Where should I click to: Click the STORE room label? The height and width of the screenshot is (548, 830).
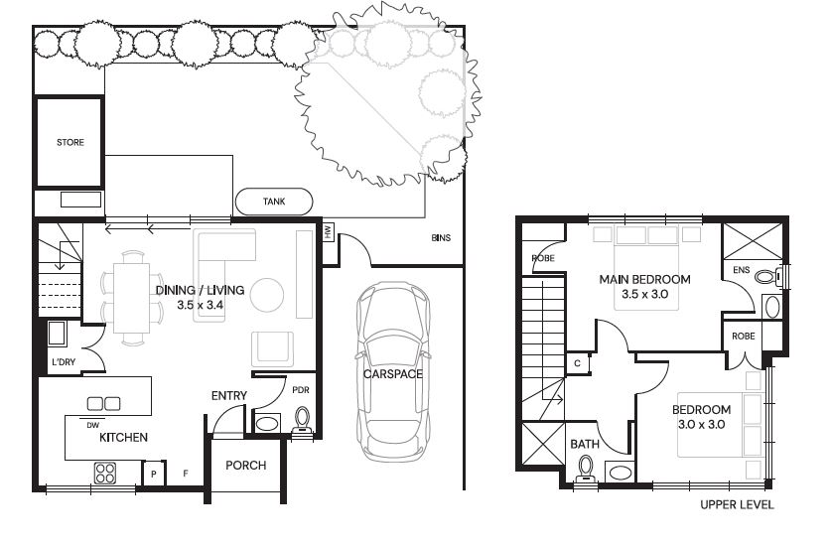(70, 142)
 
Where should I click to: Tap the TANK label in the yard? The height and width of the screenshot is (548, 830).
(274, 202)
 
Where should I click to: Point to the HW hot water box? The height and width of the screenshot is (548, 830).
(329, 231)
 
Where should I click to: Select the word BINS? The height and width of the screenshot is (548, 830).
(441, 238)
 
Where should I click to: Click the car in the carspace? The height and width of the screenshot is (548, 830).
(393, 371)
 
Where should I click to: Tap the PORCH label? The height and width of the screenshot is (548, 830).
(245, 466)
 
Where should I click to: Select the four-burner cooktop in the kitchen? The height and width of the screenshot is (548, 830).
(105, 473)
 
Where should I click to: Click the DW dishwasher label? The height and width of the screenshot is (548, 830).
(92, 425)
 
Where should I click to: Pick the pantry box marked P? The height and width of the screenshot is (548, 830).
(154, 474)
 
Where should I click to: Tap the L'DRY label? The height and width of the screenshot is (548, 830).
(64, 362)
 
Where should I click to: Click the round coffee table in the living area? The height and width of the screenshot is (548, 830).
(267, 295)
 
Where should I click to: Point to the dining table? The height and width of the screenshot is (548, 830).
(131, 298)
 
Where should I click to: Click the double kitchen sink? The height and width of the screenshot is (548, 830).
(103, 404)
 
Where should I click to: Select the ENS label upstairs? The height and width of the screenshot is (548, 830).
(741, 270)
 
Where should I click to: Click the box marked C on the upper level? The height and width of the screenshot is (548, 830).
(578, 363)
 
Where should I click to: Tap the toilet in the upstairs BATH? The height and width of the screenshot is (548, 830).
(586, 469)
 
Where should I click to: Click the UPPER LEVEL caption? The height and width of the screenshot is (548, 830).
(737, 505)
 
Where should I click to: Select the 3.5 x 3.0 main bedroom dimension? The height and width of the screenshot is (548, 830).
(644, 295)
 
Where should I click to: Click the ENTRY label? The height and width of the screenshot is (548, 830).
(229, 396)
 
